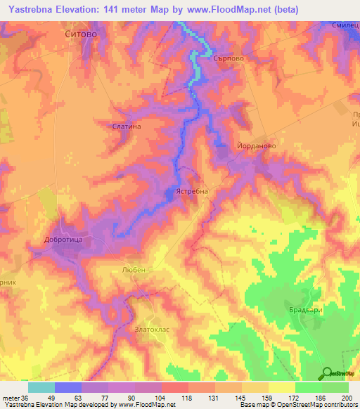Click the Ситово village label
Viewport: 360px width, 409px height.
[79, 33]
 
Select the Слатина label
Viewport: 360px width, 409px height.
[127, 126]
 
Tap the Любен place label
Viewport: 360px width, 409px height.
[133, 270]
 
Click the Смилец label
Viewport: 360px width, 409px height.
[345, 25]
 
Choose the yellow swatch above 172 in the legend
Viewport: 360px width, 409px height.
[281, 387]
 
